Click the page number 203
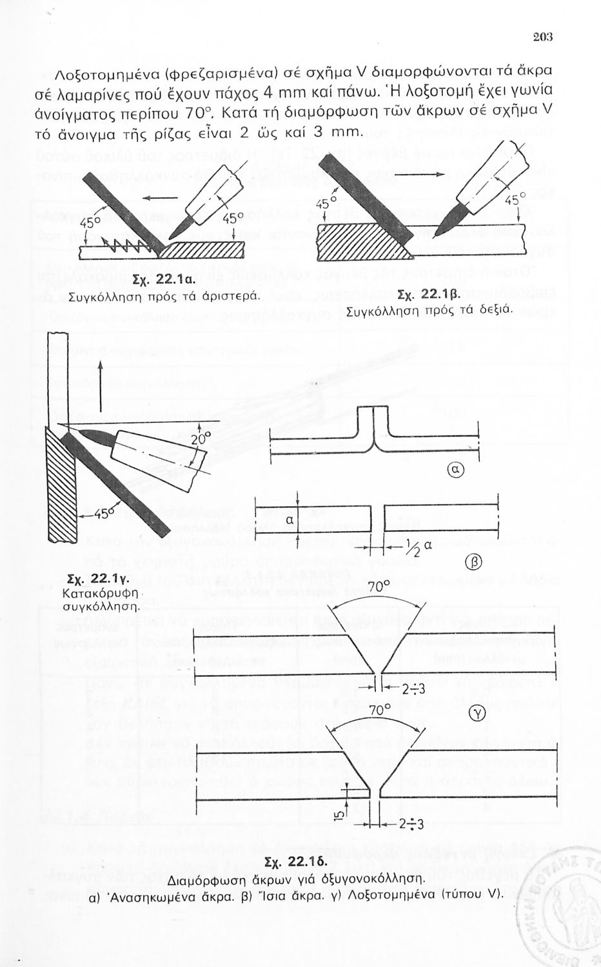tap(543, 37)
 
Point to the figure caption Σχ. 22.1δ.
tap(298, 862)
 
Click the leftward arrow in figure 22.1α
tap(165, 197)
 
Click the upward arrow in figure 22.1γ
tap(102, 373)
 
